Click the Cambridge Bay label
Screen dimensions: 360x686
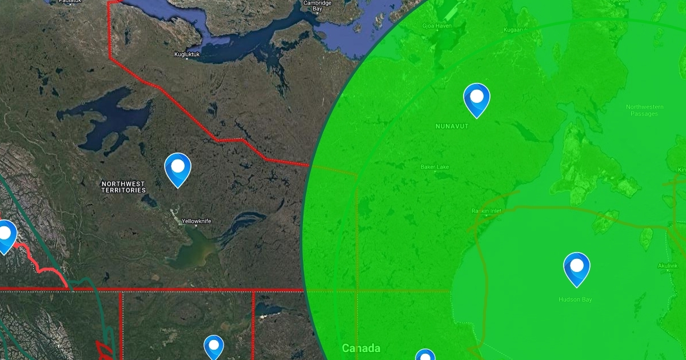(317, 6)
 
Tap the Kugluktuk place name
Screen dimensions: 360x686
(187, 55)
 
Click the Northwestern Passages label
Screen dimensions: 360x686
(644, 110)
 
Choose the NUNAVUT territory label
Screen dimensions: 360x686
(452, 126)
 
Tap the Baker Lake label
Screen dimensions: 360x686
(435, 167)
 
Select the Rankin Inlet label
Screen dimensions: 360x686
(486, 211)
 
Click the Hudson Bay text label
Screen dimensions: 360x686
(575, 299)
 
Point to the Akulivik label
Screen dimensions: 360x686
(667, 265)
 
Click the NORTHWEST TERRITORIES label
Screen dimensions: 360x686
(123, 187)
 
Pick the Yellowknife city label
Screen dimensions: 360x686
(196, 221)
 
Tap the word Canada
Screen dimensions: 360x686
(361, 348)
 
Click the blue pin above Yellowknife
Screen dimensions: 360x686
(178, 167)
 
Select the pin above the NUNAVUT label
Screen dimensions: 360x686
(476, 98)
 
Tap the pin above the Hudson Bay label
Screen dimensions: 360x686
(576, 267)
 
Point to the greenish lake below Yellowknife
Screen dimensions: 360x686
(192, 251)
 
